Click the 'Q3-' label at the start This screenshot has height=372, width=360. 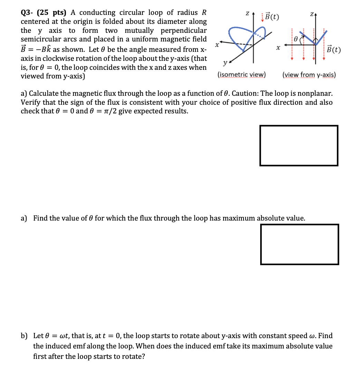pos(27,13)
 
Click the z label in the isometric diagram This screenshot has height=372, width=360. pos(247,13)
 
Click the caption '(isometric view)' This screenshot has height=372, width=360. pos(241,75)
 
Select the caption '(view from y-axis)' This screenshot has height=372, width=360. pos(309,75)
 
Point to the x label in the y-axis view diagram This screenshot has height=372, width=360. pos(278,49)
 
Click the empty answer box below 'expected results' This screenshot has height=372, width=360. pos(299,145)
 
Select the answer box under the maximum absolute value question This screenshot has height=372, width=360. pos(300,244)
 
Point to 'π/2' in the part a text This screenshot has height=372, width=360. pos(103,111)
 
